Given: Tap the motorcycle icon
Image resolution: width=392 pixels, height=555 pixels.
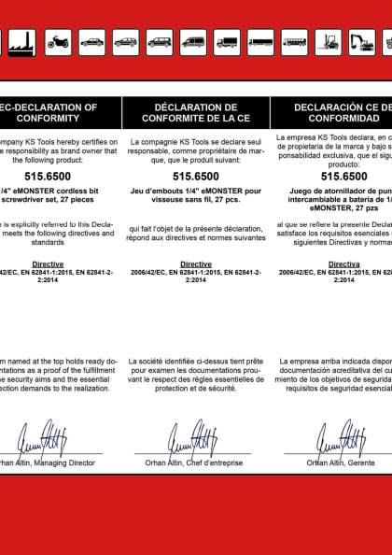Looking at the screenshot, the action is (x=59, y=41).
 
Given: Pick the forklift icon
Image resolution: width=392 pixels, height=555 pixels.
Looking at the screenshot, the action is (x=328, y=41).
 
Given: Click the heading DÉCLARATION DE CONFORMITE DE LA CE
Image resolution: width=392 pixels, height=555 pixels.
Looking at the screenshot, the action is (x=196, y=113).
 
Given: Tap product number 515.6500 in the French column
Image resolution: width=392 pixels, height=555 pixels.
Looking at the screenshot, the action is (x=196, y=175).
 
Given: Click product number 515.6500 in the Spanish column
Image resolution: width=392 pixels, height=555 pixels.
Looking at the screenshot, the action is (x=343, y=175).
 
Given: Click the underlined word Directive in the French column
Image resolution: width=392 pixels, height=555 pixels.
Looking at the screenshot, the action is (x=196, y=264).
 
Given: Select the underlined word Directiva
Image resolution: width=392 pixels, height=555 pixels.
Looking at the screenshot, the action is (x=343, y=264).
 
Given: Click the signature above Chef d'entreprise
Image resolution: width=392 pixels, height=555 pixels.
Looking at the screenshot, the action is (x=192, y=437).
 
